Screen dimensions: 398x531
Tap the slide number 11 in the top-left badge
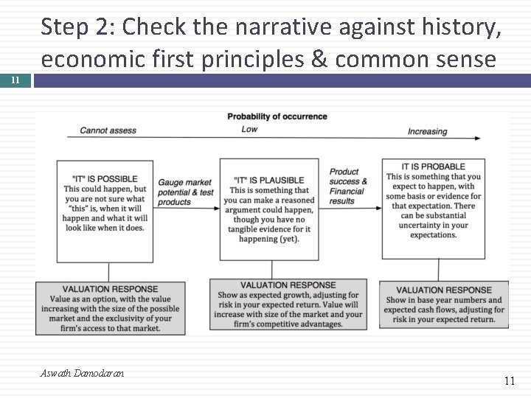coord(15,80)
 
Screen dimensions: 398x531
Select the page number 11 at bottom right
coord(509,381)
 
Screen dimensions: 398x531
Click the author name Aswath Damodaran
coord(82,373)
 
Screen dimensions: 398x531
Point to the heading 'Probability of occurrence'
coord(277,116)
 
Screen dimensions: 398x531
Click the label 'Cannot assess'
coord(108,130)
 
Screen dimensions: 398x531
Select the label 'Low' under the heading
coord(249,130)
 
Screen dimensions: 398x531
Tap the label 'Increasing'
coord(427,131)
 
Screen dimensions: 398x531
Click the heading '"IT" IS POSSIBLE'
coord(105,178)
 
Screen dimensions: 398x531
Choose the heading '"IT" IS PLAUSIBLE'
coord(268,180)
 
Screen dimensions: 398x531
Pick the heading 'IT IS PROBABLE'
coord(433,167)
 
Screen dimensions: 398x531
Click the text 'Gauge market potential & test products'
coord(185,192)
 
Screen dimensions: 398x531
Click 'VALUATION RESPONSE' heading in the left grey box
coord(110,289)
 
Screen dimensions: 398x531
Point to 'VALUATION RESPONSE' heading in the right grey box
coord(443,290)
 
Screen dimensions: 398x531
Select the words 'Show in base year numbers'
coord(443,300)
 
